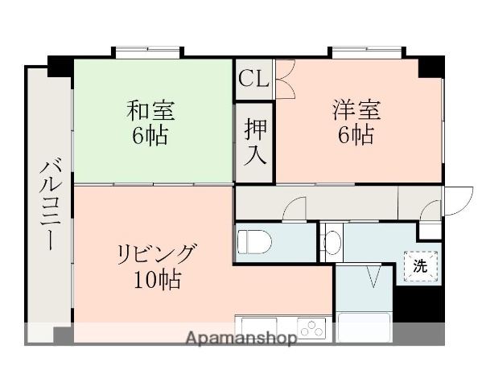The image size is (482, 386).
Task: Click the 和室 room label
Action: [151, 109]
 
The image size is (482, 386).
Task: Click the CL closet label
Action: [253, 80]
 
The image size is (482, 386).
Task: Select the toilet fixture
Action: [253, 241]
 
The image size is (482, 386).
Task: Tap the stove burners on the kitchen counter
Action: [311, 327]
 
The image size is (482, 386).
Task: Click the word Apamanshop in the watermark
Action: [241, 338]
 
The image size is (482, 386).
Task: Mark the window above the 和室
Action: [148, 53]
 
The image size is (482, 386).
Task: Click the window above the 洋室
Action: [364, 53]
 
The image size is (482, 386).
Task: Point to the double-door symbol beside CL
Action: [285, 79]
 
